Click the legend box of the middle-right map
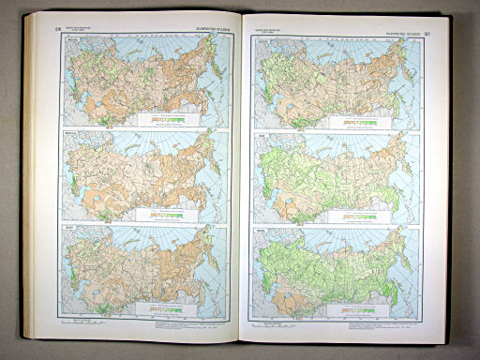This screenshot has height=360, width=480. (348, 214)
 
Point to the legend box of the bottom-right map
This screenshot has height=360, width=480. (348, 305)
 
